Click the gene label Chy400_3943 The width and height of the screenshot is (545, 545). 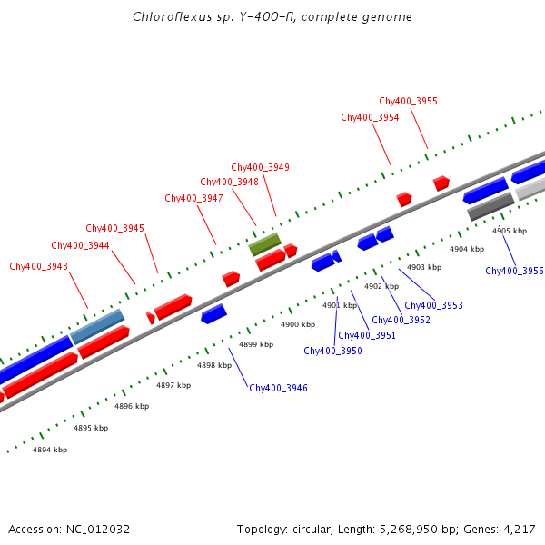point(38,266)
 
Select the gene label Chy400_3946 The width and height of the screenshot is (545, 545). point(278,388)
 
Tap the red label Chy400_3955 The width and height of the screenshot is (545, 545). point(408,101)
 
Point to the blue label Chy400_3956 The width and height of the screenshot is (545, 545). point(514,271)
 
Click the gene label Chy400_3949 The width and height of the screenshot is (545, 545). point(260,167)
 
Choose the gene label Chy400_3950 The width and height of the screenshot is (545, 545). point(332,351)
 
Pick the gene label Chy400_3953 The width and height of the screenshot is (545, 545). point(433,305)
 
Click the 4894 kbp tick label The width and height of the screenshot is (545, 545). point(50,450)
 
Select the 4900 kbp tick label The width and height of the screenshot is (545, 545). point(297,324)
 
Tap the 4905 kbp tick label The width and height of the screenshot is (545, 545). point(509,231)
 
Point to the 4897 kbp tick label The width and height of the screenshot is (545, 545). point(173,385)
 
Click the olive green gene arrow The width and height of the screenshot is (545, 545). point(265,243)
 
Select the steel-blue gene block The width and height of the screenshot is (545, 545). point(97,326)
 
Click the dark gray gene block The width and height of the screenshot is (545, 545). point(490,205)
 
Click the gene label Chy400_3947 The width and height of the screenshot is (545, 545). point(193,198)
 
